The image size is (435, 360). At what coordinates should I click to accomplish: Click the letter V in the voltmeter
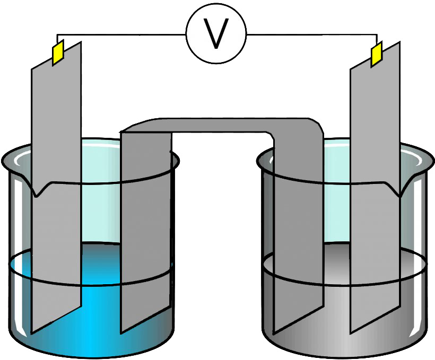click(x=216, y=33)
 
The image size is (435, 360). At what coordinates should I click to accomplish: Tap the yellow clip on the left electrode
click(x=58, y=52)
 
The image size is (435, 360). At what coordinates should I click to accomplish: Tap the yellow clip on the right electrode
click(x=377, y=54)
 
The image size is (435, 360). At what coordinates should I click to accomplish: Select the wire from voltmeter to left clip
click(x=121, y=34)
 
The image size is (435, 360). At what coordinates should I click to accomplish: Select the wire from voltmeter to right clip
click(x=311, y=34)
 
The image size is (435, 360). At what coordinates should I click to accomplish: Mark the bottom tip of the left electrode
click(x=32, y=332)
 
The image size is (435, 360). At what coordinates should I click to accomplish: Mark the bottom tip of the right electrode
click(x=350, y=332)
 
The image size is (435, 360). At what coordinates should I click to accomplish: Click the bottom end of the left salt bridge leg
click(x=120, y=333)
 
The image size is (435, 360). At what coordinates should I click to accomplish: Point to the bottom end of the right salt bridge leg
click(x=274, y=333)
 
